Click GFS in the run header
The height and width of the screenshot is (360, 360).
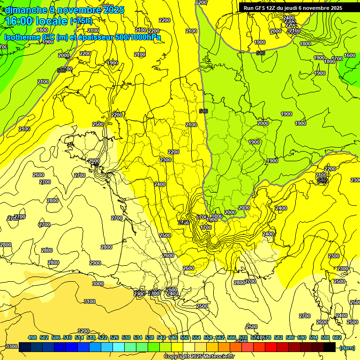pyautogui.click(x=262, y=8)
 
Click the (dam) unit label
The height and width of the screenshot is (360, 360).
pyautogui.click(x=346, y=347)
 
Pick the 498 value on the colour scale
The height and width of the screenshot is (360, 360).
pyautogui.click(x=32, y=337)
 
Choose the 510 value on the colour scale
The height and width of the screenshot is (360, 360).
pyautogui.click(x=67, y=337)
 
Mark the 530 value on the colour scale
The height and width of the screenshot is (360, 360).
pyautogui.click(x=126, y=337)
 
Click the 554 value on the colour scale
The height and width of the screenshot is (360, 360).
pyautogui.click(x=196, y=337)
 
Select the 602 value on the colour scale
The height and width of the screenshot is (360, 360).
pyautogui.click(x=337, y=337)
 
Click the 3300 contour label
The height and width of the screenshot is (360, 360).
pyautogui.click(x=11, y=346)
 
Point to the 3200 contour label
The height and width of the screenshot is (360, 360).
pyautogui.click(x=83, y=331)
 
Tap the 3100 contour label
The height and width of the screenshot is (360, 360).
pyautogui.click(x=89, y=301)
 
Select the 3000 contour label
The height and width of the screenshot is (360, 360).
pyautogui.click(x=97, y=284)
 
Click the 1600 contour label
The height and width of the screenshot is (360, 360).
pyautogui.click(x=349, y=55)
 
